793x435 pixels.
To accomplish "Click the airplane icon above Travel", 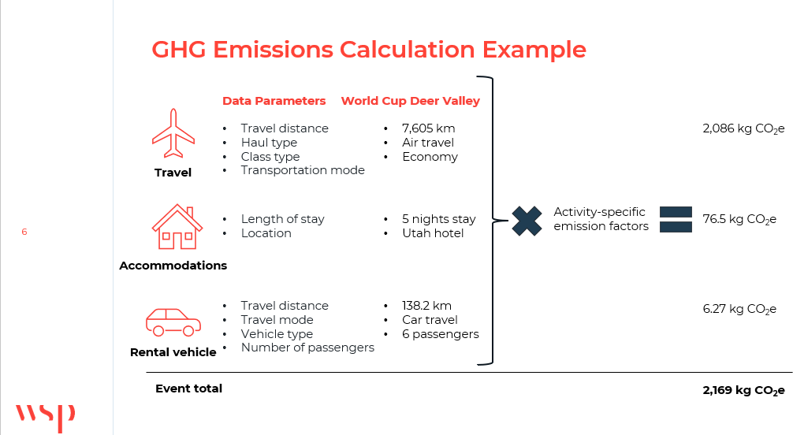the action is pos(173,133).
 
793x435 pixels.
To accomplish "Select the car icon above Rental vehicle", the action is pos(173,322).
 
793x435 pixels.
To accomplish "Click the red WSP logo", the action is pos(45,417).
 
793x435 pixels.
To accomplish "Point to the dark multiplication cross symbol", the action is pos(527,221).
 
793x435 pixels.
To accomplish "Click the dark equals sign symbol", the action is pos(676,220).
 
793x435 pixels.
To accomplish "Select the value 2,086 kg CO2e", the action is pos(743,129).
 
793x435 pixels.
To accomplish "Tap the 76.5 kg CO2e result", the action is pos(739,220).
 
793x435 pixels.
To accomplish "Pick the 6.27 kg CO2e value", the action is pos(739,309).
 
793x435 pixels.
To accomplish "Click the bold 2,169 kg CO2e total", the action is pos(743,391).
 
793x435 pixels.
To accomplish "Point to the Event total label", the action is pos(188,389).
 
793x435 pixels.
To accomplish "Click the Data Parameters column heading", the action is pos(274,101).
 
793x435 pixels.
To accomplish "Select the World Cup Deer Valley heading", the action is pos(411,101).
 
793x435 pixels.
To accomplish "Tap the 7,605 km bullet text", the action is pos(428,128).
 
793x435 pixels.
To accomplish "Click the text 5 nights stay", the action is pos(439,219).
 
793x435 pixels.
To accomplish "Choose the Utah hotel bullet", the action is pos(433,233).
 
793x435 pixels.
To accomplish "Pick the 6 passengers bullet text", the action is pos(441,334).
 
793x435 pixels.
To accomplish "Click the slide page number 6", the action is pos(24,232).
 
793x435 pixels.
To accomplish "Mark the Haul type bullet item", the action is pos(269,143).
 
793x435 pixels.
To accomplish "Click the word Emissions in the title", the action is pos(273,50).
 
